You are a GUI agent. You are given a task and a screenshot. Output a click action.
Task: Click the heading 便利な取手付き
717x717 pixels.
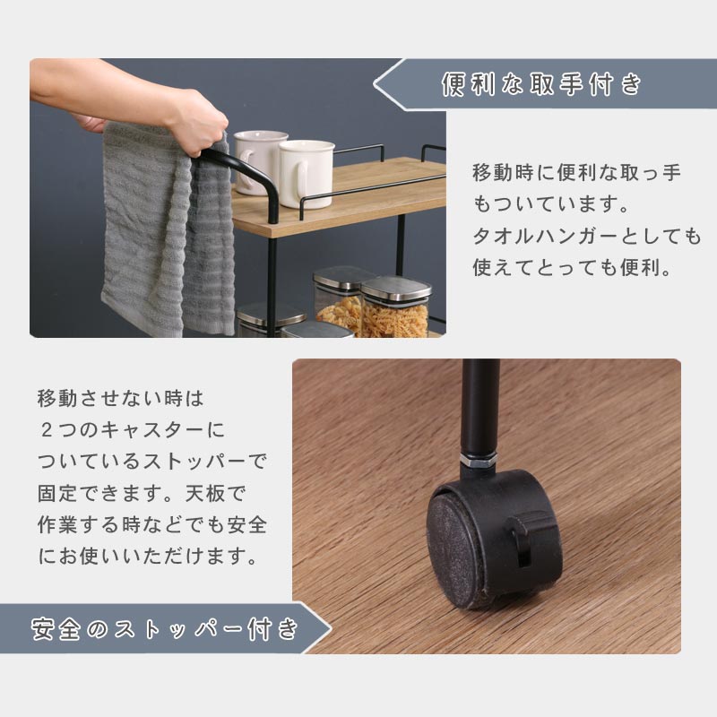[541, 84]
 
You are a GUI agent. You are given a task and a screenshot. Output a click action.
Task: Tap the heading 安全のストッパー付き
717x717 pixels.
[165, 628]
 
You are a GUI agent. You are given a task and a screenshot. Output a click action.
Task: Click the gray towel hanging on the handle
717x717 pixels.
[167, 229]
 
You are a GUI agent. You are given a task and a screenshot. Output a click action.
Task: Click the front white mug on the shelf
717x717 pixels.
[306, 174]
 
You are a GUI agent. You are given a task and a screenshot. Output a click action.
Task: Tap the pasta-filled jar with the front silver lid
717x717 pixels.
[395, 307]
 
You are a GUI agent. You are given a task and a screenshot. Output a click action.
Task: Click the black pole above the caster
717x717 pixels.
[480, 406]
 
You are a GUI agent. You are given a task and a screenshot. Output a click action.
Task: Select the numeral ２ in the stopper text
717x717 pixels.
[47, 430]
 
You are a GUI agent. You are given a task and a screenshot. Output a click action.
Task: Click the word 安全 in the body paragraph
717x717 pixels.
[247, 524]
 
